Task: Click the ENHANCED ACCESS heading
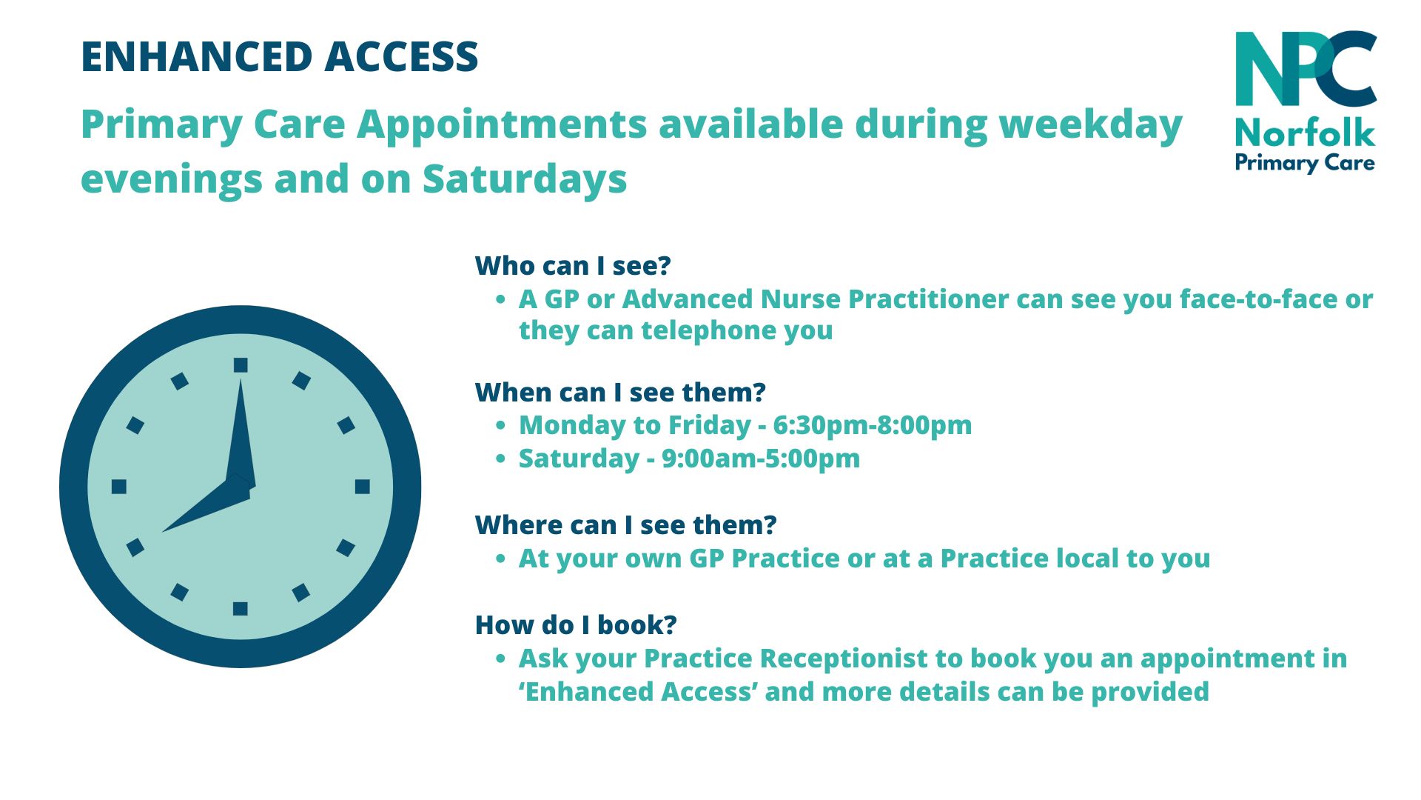click(280, 57)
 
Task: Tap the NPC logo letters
click(1306, 69)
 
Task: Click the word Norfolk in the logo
click(1306, 133)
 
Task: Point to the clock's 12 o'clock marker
click(241, 364)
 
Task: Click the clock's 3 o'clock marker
click(362, 487)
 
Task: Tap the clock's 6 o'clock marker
click(241, 608)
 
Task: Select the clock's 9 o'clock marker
click(119, 487)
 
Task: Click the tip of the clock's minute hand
click(241, 379)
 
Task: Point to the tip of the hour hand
click(162, 531)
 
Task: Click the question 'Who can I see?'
click(573, 265)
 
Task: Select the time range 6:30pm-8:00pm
click(873, 425)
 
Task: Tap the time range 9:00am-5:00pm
click(761, 459)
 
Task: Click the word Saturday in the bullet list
click(579, 459)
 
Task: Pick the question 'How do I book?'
click(576, 624)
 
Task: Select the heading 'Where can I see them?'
click(626, 524)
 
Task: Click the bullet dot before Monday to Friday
click(501, 426)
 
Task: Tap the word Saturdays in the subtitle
click(525, 179)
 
